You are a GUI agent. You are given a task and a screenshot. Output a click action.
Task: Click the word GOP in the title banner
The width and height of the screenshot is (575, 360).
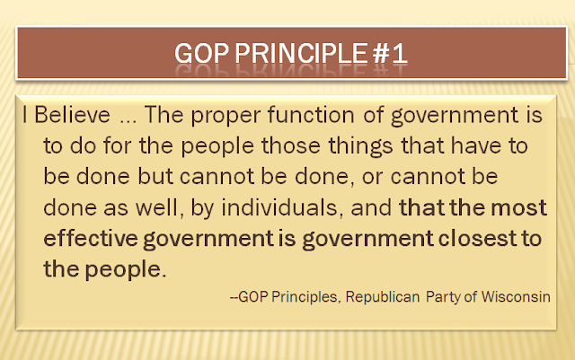pos(201,54)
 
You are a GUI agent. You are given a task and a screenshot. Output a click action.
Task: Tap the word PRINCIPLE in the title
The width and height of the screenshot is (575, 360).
pos(301,54)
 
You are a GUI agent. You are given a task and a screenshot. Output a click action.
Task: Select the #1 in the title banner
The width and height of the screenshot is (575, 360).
pos(390,54)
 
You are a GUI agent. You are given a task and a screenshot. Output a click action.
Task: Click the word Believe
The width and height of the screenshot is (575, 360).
pos(72,115)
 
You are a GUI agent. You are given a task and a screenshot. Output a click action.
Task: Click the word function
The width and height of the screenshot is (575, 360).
pos(311,115)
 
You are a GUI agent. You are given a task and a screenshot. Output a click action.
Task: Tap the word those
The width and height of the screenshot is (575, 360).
pos(291,145)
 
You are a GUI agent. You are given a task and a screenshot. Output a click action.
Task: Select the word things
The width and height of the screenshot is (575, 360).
pos(360,147)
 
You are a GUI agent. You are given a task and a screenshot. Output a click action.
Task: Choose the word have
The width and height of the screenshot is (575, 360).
pos(475,145)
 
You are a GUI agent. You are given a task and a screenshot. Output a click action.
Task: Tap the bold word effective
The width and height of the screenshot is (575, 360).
pos(91,238)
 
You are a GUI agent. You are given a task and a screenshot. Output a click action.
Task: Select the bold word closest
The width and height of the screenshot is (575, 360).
pos(477,238)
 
